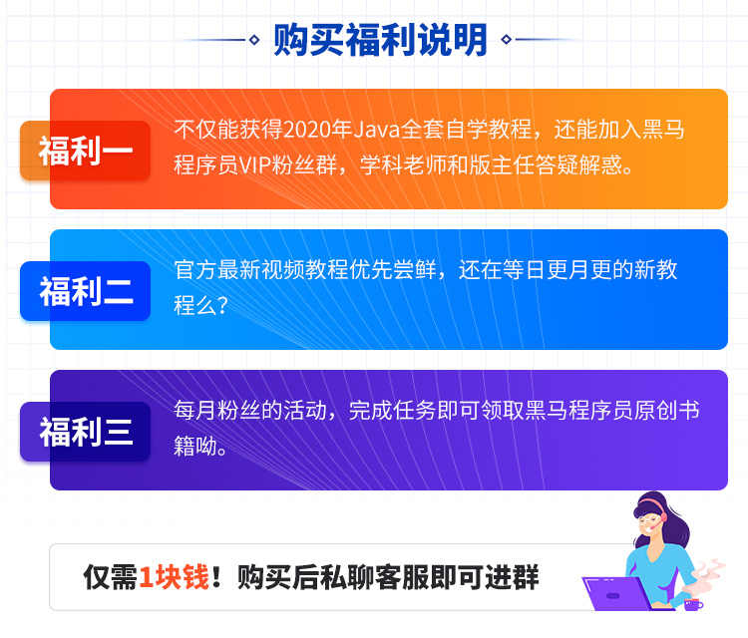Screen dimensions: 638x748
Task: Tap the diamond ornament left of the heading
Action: [x=254, y=40]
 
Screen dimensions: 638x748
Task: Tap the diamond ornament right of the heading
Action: [x=507, y=40]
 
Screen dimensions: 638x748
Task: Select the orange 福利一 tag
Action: [x=85, y=152]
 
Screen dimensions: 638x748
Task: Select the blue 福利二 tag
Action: [x=85, y=291]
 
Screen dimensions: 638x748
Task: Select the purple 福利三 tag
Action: [x=85, y=432]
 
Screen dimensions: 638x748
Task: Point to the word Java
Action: [x=355, y=131]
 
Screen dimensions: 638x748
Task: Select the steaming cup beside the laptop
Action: [x=692, y=602]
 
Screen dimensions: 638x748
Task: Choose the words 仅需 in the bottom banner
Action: [x=110, y=577]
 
